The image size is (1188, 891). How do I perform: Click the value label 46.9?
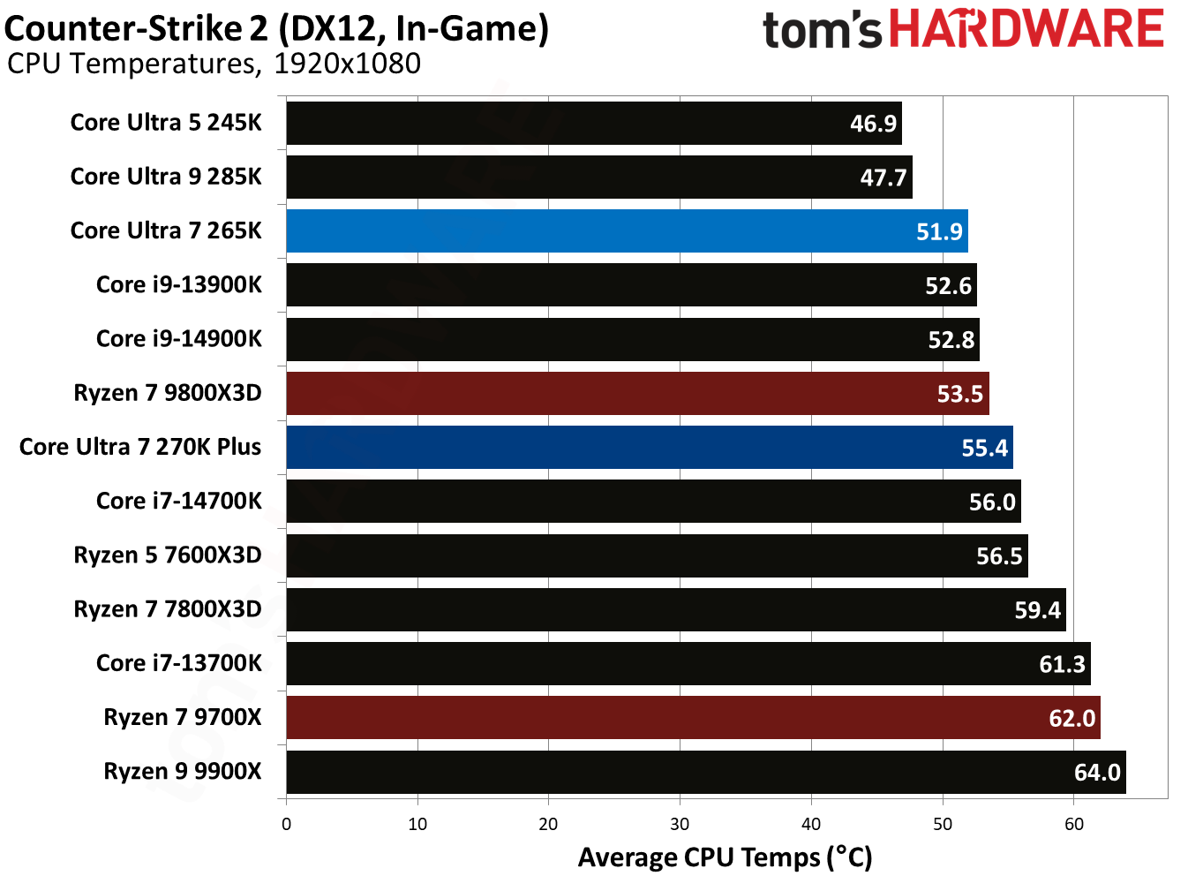873,124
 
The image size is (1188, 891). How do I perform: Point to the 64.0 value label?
1096,773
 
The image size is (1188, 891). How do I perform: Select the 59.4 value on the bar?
1037,610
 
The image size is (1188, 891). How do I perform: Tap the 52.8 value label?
951,340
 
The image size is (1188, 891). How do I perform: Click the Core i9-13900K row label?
178,285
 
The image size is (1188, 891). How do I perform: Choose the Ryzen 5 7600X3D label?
168,555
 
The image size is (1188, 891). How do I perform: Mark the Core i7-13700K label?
178,663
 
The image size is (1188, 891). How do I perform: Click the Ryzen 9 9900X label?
183,772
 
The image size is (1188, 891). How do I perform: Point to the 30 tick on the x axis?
680,825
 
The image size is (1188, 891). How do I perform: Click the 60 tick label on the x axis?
1073,825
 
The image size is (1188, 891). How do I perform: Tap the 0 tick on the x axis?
286,825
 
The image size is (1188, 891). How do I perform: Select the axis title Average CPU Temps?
724,857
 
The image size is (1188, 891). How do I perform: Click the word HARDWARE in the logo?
1026,29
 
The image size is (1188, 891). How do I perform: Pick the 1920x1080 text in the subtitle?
347,64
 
